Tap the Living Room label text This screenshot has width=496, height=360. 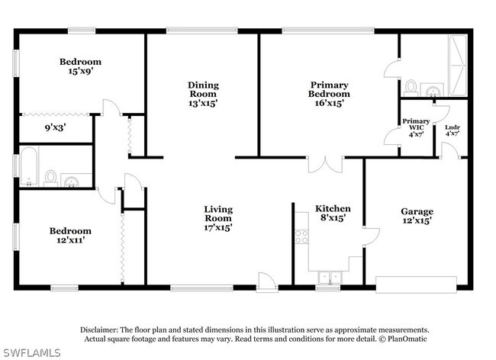tap(218, 217)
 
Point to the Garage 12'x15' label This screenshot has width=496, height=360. tap(417, 216)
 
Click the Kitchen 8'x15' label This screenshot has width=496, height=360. tap(333, 213)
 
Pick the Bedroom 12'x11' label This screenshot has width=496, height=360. tap(70, 236)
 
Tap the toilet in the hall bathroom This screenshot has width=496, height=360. tap(51, 178)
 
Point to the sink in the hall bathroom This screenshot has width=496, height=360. tap(71, 181)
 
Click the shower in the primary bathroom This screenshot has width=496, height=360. tap(460, 56)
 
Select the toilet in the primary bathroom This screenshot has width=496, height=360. tap(411, 85)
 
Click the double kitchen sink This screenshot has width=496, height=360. tap(329, 277)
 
